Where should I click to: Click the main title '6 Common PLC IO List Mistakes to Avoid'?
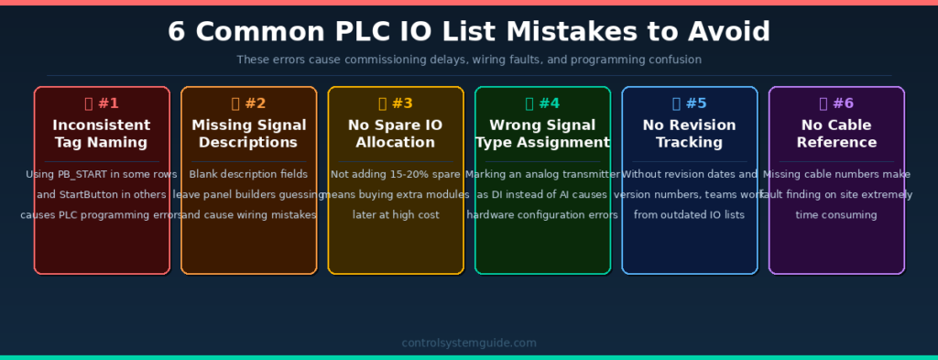(469, 31)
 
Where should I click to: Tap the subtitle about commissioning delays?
(469, 60)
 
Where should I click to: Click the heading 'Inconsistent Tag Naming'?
(102, 134)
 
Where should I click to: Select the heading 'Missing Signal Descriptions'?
(249, 134)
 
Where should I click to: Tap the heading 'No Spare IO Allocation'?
(396, 134)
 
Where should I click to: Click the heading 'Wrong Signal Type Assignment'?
(542, 134)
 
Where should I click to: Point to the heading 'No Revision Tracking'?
(690, 134)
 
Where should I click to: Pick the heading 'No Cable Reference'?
(836, 134)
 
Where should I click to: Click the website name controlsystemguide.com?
(469, 344)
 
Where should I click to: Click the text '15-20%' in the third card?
(405, 174)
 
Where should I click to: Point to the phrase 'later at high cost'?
(396, 214)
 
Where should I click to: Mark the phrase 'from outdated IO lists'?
(690, 214)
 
